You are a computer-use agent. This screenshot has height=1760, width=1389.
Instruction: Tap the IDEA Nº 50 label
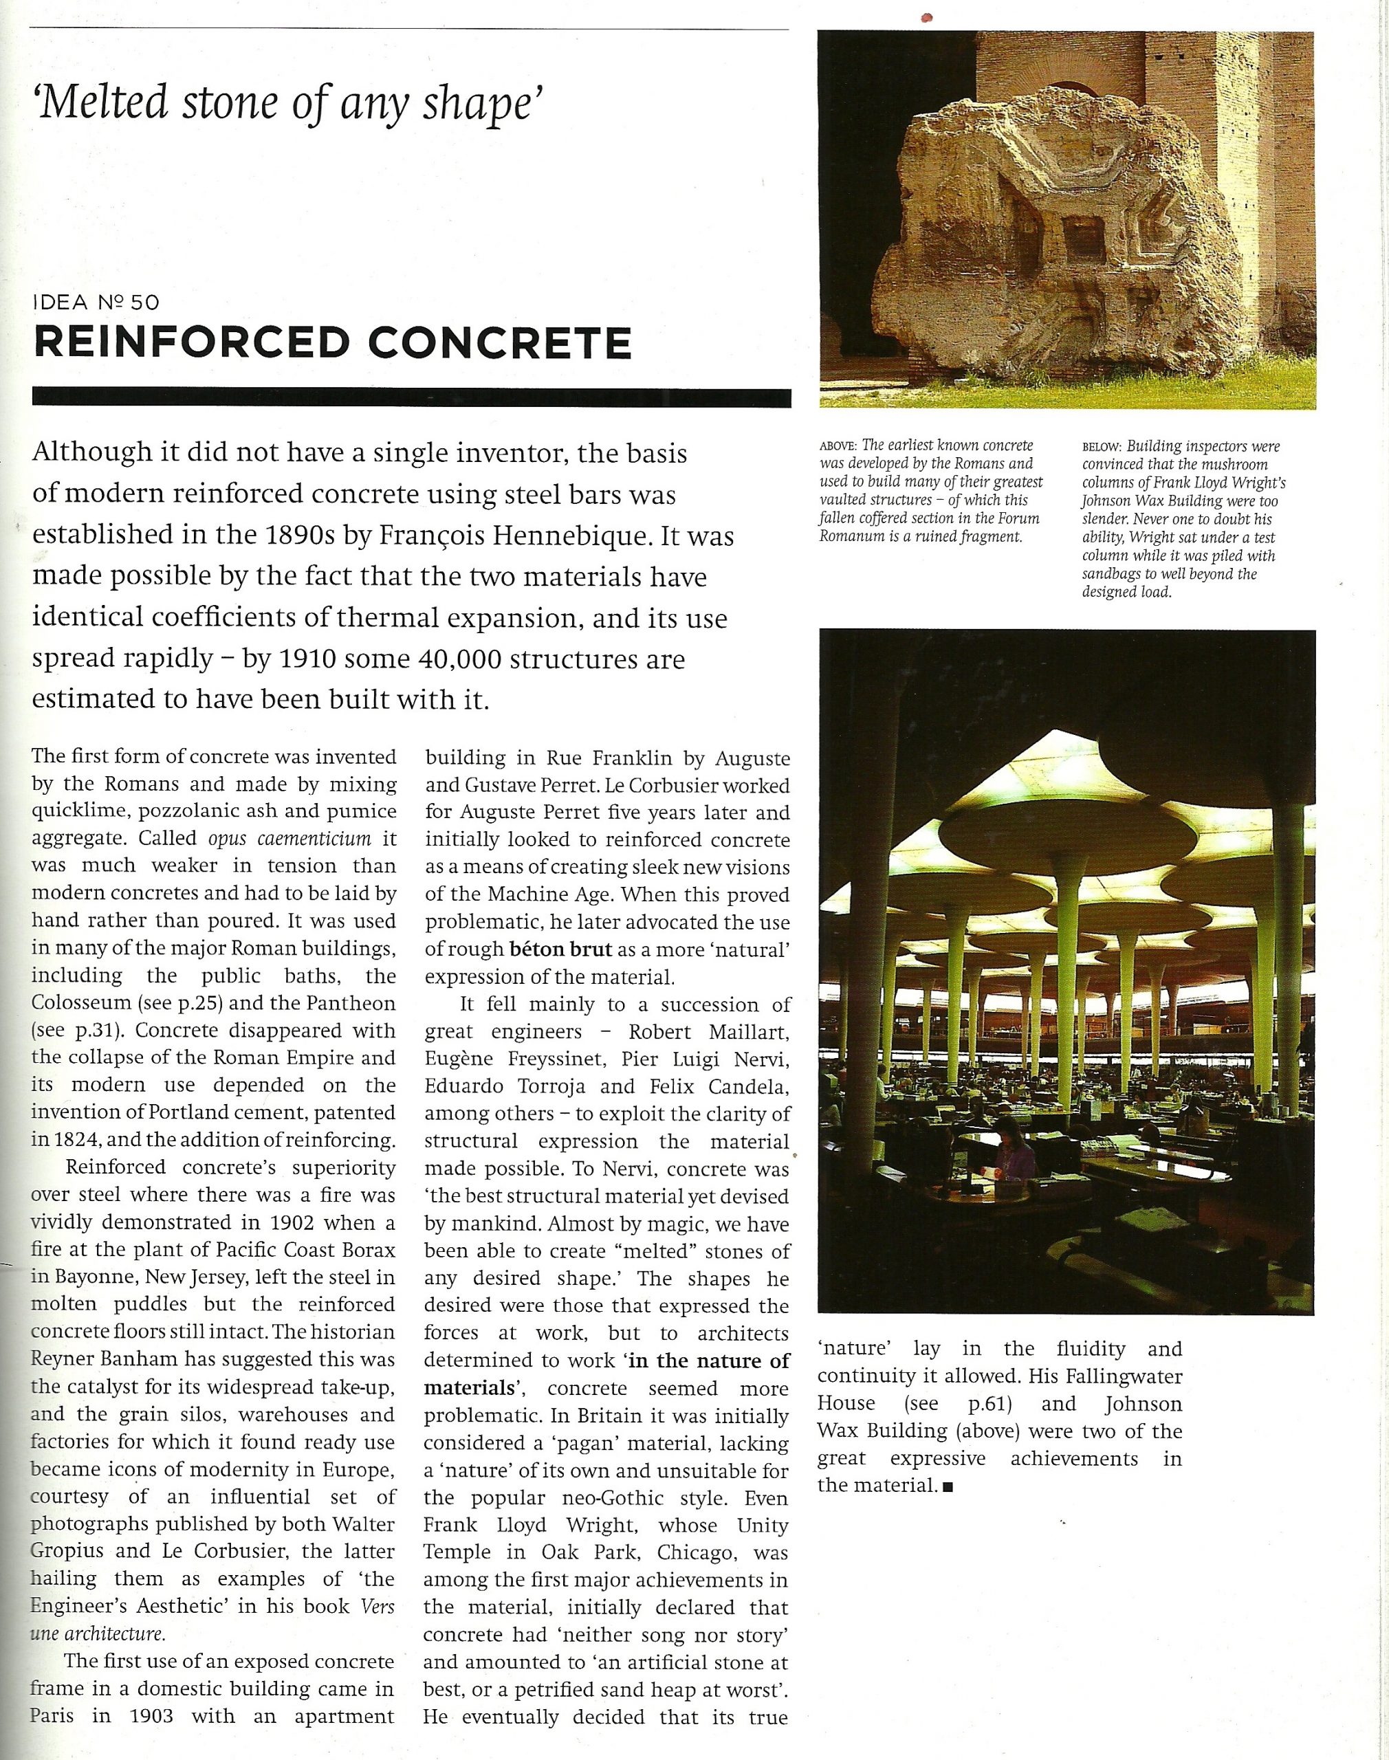96,302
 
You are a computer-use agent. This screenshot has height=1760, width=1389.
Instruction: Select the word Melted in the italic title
102,103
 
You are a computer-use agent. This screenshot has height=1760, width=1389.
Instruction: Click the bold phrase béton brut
560,949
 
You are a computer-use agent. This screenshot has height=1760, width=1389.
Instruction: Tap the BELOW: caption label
1101,447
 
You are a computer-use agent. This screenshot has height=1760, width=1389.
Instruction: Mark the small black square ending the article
947,1487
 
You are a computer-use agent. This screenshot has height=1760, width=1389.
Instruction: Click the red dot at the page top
926,16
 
